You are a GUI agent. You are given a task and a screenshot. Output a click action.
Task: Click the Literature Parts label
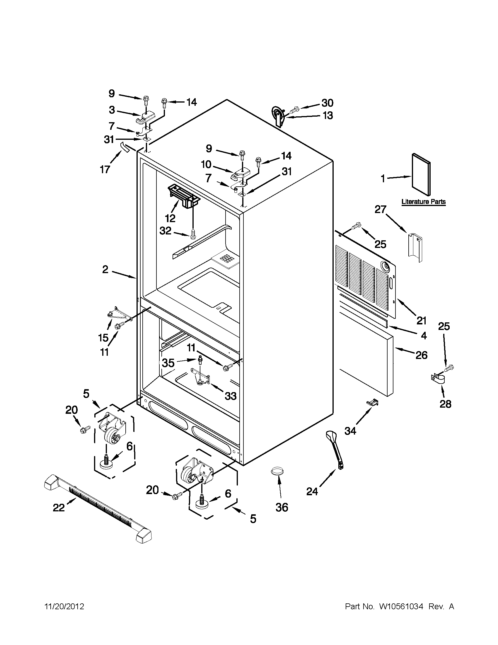pos(423,202)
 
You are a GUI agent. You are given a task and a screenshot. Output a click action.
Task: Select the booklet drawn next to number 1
pos(421,174)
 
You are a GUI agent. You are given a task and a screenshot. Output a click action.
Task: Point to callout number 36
pos(282,507)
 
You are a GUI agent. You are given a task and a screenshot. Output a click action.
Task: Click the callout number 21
pos(421,320)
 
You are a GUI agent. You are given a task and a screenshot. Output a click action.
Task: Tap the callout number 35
pos(168,363)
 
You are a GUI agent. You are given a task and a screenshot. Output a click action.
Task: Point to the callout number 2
pos(105,269)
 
